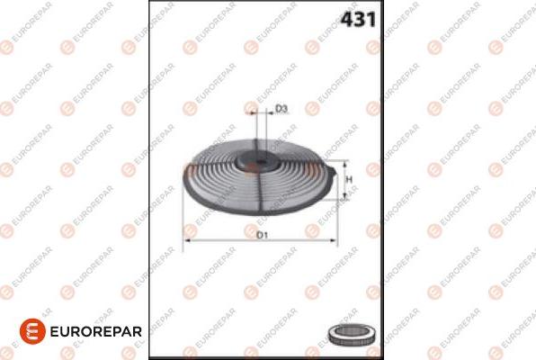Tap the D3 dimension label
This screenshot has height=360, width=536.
[x=281, y=109]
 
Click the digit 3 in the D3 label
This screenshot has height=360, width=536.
[x=284, y=109]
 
